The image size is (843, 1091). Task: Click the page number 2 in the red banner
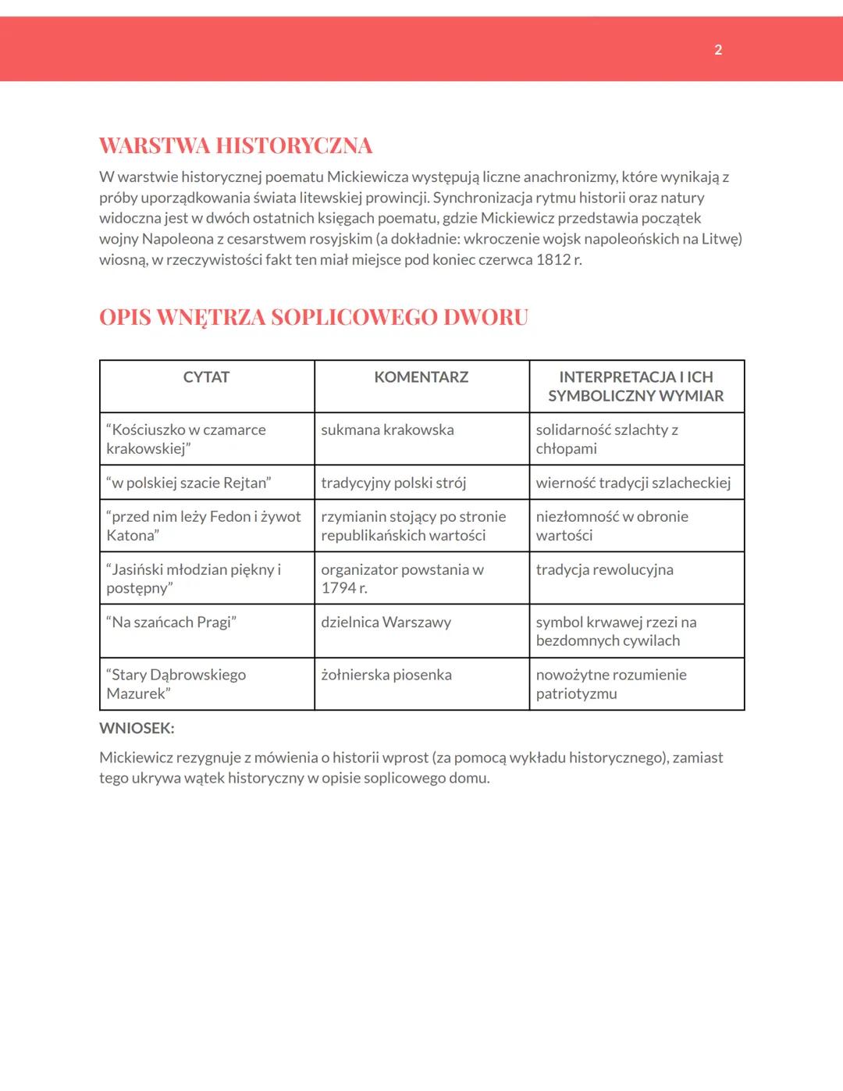point(718,50)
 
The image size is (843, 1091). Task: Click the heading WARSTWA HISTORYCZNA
point(236,146)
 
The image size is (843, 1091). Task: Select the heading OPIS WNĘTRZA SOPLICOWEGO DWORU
point(314,318)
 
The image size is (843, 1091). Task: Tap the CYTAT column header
point(206,377)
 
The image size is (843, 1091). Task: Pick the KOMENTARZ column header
point(421,377)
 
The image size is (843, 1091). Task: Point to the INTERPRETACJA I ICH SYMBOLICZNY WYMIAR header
point(636,387)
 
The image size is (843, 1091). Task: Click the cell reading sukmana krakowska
point(387,430)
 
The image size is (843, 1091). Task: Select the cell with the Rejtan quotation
point(188,483)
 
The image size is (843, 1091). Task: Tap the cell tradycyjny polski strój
point(393,483)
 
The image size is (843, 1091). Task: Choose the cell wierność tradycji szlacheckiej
point(633,483)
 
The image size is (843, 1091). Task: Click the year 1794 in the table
point(338,588)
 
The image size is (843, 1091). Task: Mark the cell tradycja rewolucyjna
point(604,570)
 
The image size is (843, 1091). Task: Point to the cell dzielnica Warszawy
point(386,622)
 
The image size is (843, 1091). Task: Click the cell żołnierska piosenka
point(386,675)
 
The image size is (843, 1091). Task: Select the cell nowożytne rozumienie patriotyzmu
point(611,684)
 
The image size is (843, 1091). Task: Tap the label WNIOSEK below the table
point(137,729)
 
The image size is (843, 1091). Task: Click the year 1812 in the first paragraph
point(553,259)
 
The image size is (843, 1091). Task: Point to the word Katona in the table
point(131,536)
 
